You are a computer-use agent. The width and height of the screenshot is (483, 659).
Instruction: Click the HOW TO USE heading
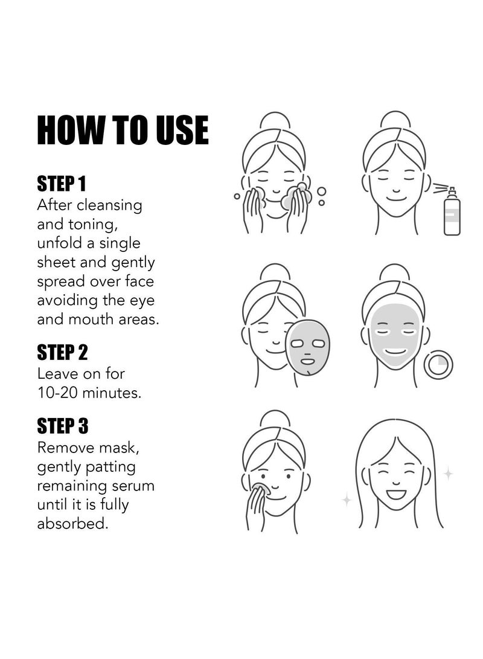click(x=123, y=130)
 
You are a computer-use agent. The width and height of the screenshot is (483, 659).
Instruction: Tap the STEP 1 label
click(x=62, y=184)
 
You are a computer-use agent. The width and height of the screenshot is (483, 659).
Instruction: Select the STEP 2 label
click(x=62, y=352)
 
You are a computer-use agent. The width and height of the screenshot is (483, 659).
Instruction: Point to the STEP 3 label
click(x=63, y=426)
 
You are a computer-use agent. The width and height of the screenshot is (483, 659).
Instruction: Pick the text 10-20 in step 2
click(x=57, y=393)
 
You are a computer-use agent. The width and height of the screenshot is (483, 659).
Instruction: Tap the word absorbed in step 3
click(x=72, y=523)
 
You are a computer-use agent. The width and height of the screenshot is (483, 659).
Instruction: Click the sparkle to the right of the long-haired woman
click(x=449, y=474)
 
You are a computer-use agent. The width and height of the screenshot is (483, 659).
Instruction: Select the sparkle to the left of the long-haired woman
click(x=347, y=500)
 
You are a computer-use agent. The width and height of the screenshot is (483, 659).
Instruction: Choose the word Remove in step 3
click(x=66, y=448)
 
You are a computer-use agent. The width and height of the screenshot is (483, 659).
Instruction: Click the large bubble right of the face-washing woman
click(x=322, y=191)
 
